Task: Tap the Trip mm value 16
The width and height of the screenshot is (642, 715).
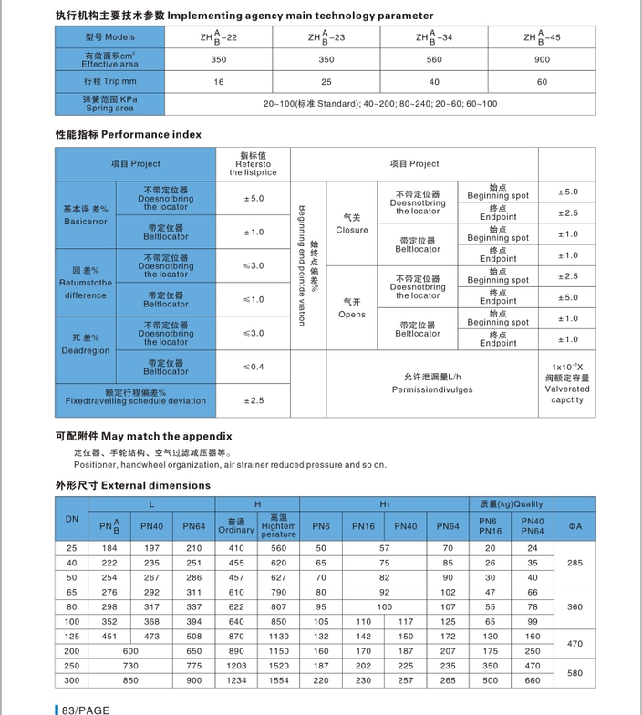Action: [x=218, y=82]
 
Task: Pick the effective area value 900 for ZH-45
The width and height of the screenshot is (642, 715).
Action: [x=542, y=59]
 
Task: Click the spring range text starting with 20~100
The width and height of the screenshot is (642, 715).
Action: [x=380, y=104]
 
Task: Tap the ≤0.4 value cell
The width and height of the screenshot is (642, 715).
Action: [x=254, y=367]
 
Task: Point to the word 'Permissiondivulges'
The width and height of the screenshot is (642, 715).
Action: [x=432, y=389]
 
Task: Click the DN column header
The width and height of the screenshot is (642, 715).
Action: [x=72, y=519]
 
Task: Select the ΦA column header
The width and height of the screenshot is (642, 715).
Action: [x=575, y=526]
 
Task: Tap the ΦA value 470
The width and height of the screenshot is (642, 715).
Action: [x=575, y=644]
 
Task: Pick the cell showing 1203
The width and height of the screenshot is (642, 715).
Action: [x=235, y=666]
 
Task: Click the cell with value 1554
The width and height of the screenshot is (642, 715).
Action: [x=278, y=680]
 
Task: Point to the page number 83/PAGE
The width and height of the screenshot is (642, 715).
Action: [x=85, y=709]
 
